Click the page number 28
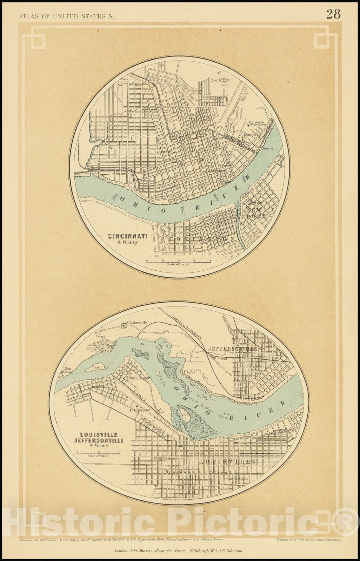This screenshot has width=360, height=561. [333, 14]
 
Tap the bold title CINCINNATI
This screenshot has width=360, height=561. [128, 236]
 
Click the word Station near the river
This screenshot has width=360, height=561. [267, 148]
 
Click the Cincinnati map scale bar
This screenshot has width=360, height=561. [178, 261]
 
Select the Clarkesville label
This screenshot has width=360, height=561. [137, 322]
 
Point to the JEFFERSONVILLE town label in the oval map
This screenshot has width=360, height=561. [233, 349]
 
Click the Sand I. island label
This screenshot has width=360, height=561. [99, 367]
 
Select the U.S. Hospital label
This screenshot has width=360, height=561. [140, 410]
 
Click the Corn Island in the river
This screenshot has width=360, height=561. [185, 417]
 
